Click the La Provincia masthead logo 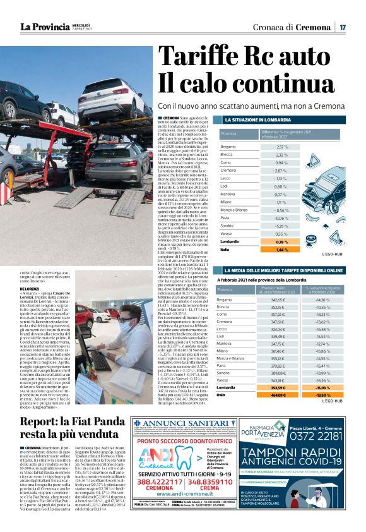pyautogui.click(x=44, y=27)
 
